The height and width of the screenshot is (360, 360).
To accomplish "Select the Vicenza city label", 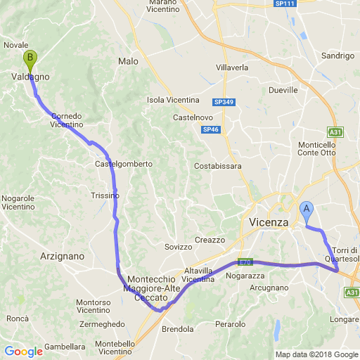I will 269,222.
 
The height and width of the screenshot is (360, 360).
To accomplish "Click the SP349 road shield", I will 223,103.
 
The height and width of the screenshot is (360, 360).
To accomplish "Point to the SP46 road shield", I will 210,130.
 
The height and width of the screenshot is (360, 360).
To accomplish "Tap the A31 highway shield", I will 335,131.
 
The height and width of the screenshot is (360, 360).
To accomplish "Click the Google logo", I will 23,352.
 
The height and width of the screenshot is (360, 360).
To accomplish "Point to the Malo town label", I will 129,62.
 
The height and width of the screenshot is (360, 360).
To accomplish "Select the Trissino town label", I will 105,196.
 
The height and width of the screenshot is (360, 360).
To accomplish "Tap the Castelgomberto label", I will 124,165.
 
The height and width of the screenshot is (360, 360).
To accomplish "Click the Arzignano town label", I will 63,256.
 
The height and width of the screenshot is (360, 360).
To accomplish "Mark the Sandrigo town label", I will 337,56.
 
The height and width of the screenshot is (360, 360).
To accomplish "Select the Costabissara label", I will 218,167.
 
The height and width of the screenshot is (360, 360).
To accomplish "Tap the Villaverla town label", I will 232,67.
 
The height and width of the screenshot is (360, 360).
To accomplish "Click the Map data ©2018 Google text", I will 316,354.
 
